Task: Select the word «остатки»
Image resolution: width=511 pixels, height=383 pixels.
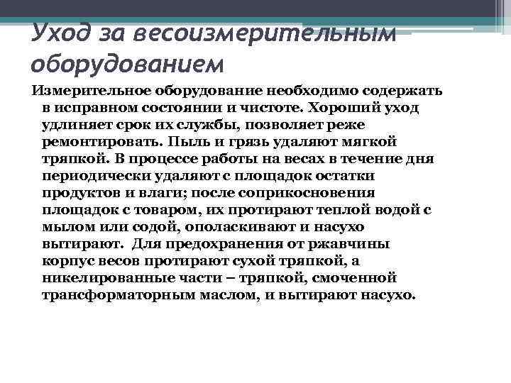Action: pos(344,176)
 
